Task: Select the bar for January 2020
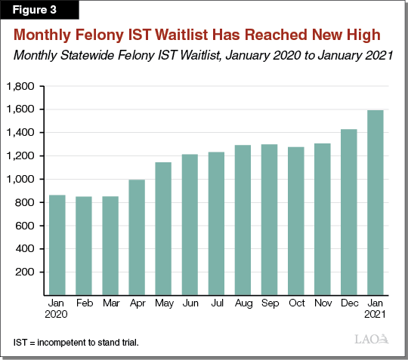pyautogui.click(x=57, y=245)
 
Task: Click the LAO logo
pyautogui.click(x=372, y=340)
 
